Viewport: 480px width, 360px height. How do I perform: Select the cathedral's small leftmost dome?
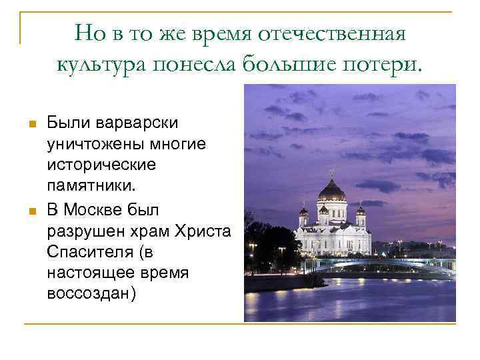tap(304, 211)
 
